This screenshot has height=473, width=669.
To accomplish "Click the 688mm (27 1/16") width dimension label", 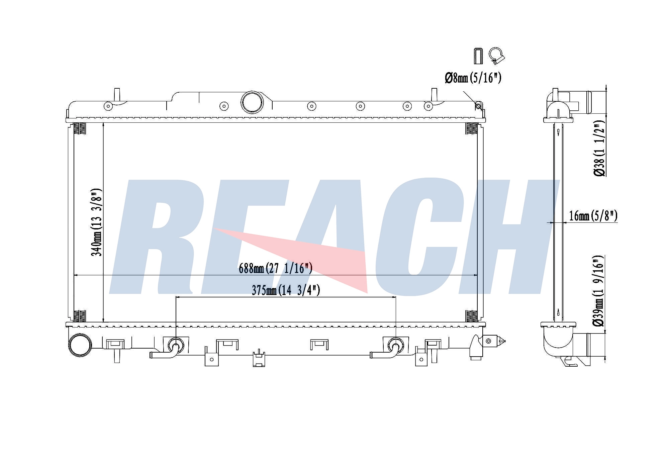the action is coord(275,268).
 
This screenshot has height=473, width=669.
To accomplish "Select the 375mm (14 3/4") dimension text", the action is coord(286,290).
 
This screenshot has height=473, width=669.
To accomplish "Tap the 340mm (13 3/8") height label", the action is coord(96,222).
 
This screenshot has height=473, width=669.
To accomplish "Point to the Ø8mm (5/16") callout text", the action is coord(473,78).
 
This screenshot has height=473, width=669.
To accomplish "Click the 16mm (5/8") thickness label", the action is coord(593,216).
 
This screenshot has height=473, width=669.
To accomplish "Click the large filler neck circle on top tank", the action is coord(253,102).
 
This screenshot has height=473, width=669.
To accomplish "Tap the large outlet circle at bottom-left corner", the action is coord(80,345).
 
